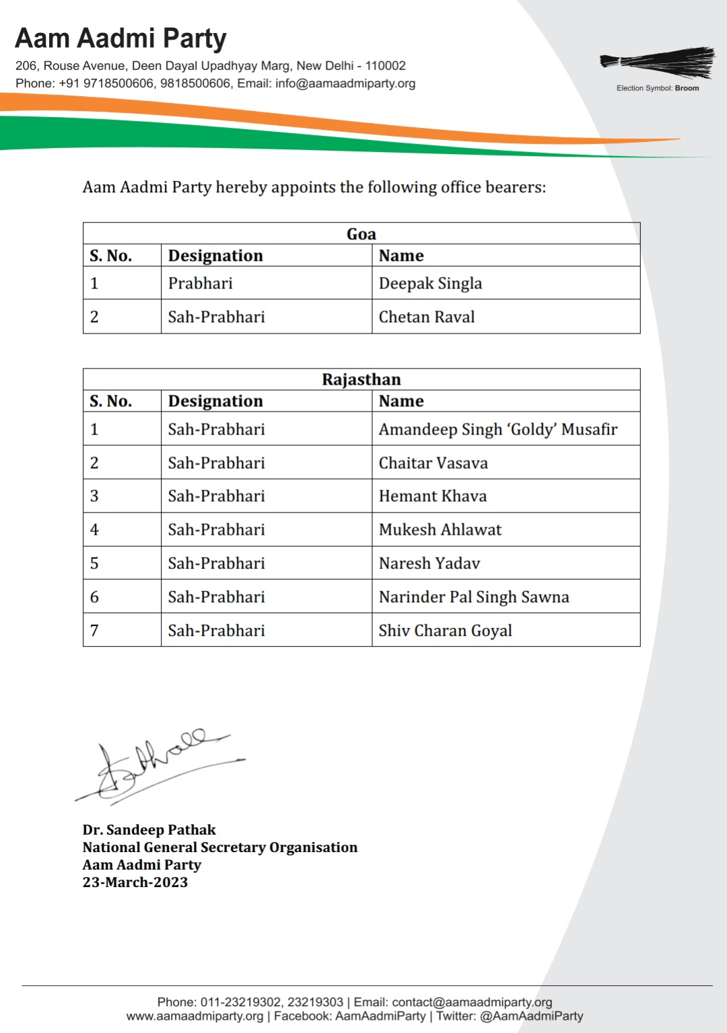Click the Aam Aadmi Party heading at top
120,39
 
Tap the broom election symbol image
657,62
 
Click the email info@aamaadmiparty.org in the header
345,83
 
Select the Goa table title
361,234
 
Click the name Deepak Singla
430,283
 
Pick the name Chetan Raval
426,317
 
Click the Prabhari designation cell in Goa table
200,283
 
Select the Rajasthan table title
361,379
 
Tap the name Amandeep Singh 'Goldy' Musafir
497,429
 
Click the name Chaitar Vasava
433,463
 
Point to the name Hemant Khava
432,496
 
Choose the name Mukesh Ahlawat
440,530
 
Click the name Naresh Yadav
429,564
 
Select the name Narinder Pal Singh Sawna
473,597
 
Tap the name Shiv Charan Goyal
445,631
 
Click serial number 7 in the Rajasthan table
94,631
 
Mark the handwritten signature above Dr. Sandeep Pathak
158,765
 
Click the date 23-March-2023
135,882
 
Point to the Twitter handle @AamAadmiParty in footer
531,1016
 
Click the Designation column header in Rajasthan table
215,401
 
